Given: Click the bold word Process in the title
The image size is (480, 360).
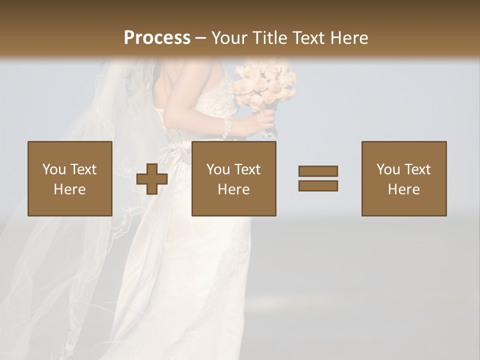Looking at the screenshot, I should click(x=157, y=38).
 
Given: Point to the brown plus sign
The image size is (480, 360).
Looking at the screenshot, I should click(x=152, y=178).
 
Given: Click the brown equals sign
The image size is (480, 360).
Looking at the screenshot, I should click(x=318, y=178).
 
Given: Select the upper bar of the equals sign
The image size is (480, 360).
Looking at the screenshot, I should click(x=318, y=171).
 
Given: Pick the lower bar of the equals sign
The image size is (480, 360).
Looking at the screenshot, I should click(x=318, y=185).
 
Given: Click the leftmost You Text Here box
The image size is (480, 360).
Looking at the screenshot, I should click(x=70, y=178).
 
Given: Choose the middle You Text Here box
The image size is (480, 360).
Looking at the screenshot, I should click(x=234, y=178).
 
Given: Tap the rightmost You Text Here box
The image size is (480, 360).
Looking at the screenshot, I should click(x=404, y=178).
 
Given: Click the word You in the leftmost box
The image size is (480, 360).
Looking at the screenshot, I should click(x=53, y=169).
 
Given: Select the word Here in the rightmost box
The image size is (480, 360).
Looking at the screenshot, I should click(x=404, y=189).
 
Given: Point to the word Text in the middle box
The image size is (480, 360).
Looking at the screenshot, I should click(x=247, y=169).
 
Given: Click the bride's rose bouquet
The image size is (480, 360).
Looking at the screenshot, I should click(x=265, y=85).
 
